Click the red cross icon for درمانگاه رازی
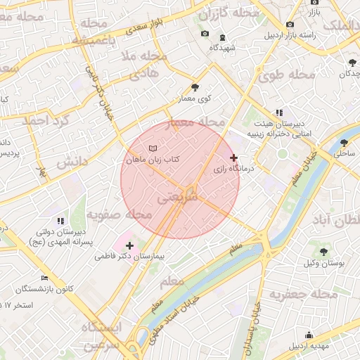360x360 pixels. [234, 158]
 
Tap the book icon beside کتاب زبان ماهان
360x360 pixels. [153, 148]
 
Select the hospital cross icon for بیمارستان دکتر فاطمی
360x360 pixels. [129, 245]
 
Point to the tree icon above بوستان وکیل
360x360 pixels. [323, 251]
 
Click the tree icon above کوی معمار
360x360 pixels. [195, 87]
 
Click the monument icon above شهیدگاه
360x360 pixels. [223, 36]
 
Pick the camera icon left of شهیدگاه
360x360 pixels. [205, 33]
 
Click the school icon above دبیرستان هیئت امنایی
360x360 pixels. [280, 112]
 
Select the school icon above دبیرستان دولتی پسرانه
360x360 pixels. [60, 220]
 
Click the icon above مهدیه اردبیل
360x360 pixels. [309, 335]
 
